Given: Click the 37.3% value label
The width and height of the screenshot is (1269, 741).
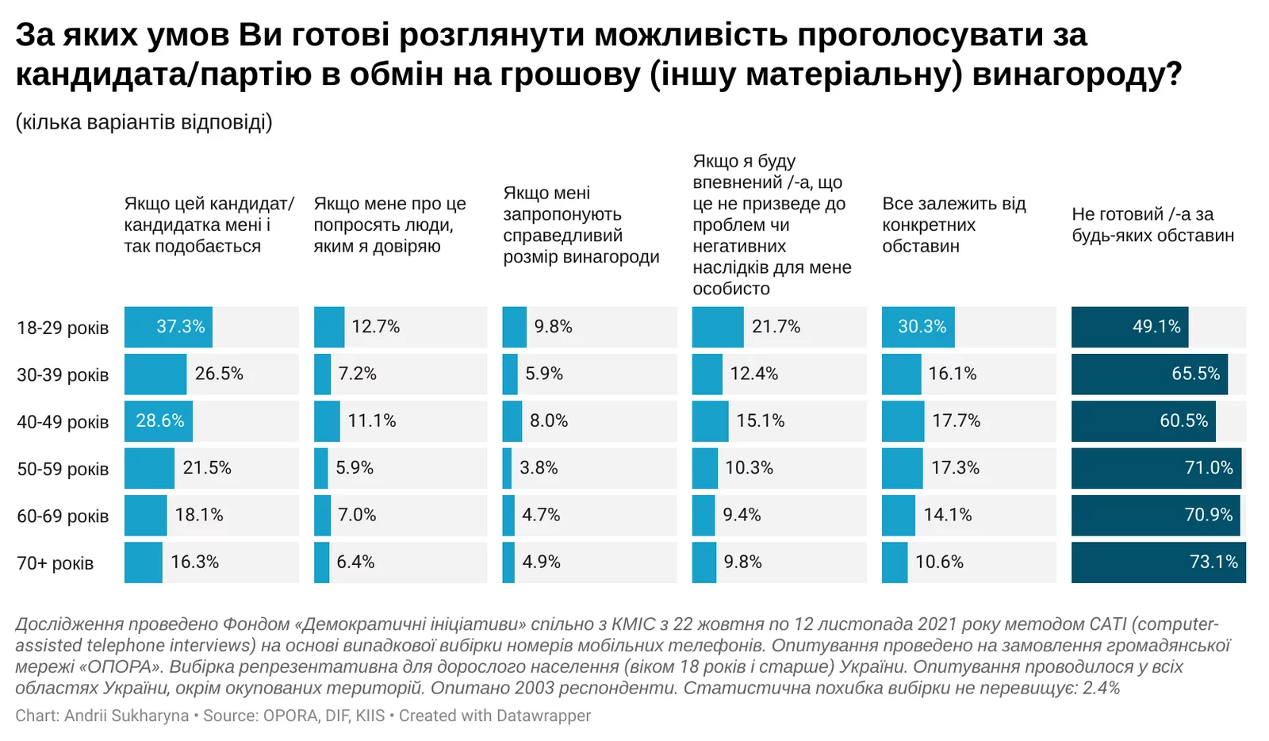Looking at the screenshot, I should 180,327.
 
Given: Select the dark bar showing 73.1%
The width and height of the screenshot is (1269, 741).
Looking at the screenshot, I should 1158,562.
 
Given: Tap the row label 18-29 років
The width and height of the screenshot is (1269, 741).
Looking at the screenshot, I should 63,328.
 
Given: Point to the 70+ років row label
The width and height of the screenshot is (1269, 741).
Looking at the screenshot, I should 55,563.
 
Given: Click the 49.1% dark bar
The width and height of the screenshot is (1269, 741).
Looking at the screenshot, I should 1129,327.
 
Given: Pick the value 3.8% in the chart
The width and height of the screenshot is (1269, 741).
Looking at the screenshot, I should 539,468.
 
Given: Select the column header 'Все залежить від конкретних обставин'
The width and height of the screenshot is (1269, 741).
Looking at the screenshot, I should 953,225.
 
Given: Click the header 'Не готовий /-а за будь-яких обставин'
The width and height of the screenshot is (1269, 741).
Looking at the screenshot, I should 1152,225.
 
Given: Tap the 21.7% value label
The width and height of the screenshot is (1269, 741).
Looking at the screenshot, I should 776,327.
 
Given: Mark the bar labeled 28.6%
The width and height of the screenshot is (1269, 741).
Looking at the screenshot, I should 158,421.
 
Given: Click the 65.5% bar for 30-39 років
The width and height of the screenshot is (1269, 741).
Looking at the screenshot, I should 1148,374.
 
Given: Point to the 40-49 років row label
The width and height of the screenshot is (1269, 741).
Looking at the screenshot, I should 63,422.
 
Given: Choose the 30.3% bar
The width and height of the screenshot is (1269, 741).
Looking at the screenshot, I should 918,327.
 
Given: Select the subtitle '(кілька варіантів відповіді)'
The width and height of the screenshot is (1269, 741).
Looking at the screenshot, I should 144,122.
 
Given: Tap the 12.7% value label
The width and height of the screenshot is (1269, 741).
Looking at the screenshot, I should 375,327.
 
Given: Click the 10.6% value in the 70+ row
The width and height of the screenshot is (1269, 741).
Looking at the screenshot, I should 939,562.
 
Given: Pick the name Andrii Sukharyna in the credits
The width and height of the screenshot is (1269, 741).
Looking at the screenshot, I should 126,716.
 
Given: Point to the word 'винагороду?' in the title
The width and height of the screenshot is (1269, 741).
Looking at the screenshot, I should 1077,75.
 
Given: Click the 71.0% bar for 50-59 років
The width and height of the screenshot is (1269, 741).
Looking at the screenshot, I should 1156,468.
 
